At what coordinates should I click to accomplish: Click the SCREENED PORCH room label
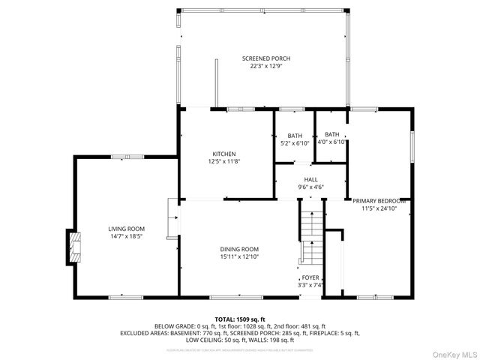click(x=265, y=58)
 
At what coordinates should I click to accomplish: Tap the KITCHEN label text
click(x=223, y=154)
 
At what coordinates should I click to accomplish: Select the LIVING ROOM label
click(x=126, y=229)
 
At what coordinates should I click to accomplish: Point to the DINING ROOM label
click(x=239, y=250)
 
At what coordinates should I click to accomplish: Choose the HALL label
click(x=310, y=179)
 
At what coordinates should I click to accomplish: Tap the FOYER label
click(x=310, y=277)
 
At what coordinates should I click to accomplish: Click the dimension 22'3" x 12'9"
click(x=265, y=66)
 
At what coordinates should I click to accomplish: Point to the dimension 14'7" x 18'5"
click(x=126, y=236)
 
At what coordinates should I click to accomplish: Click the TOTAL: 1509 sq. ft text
click(x=240, y=319)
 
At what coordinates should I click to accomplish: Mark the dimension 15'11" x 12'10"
click(x=239, y=257)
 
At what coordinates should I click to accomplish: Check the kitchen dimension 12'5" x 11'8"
click(x=223, y=161)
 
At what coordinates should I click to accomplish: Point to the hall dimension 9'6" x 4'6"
click(x=310, y=187)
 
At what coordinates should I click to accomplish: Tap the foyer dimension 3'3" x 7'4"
click(x=310, y=284)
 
